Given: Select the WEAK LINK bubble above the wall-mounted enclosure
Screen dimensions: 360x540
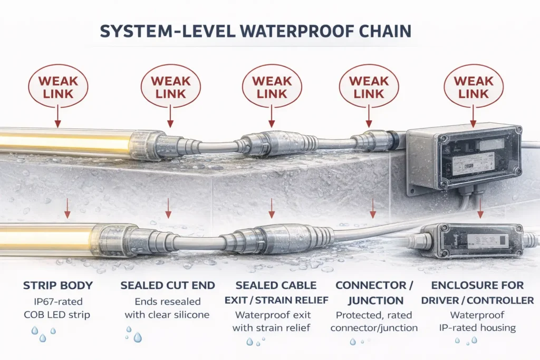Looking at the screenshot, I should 470,87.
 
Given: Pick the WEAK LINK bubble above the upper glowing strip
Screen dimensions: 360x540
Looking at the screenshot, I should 58,87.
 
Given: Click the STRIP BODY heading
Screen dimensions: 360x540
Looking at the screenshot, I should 58,286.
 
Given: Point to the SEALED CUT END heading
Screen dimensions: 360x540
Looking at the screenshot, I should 168,286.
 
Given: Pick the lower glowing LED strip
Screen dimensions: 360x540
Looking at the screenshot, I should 47,238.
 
